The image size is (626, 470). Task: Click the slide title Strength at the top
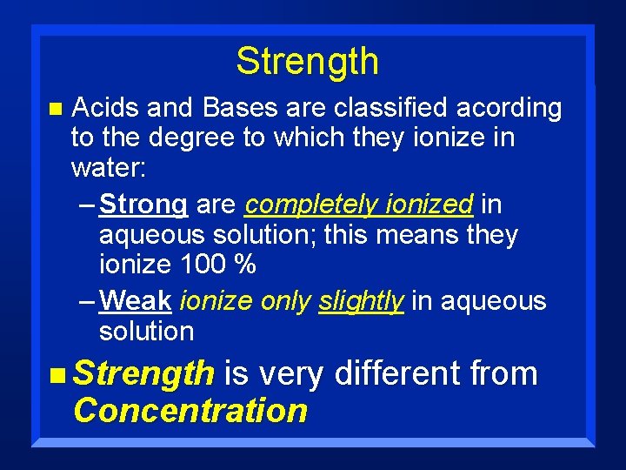307,63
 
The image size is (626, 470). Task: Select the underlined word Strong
143,205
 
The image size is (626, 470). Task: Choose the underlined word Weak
136,301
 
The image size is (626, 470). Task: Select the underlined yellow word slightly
361,302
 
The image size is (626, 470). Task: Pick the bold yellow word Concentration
190,410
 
